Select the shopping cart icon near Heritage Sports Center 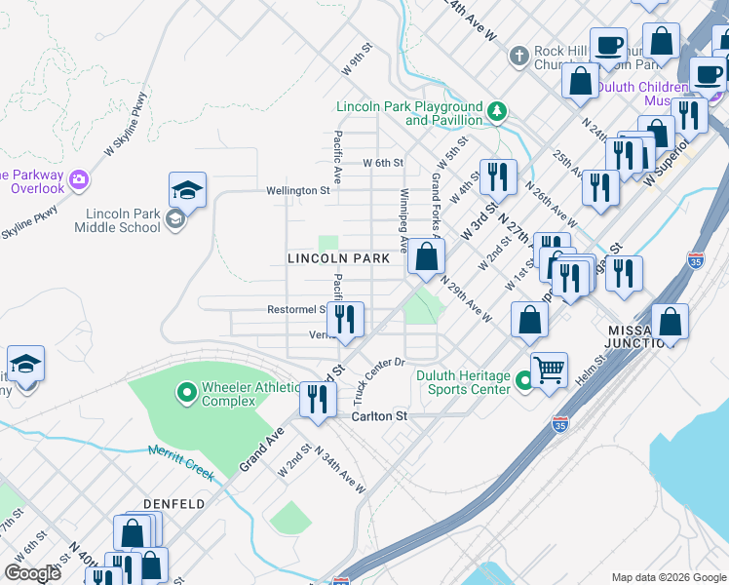coord(549,370)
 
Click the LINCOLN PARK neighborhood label coord(338,258)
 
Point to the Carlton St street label coord(378,415)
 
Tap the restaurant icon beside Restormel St coord(345,320)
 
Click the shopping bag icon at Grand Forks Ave coord(426,257)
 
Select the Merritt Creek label coord(181,461)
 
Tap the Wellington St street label coord(299,191)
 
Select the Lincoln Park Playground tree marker coord(497,111)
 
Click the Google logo coord(32,573)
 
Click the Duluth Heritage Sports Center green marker coord(523,382)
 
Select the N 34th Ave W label coord(340,473)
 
